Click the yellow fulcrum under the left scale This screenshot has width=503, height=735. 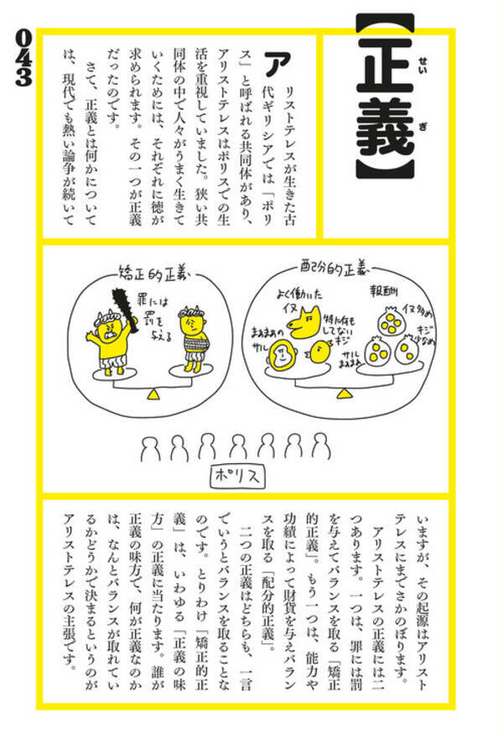pos(153,393)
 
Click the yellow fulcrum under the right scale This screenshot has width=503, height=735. pos(342,391)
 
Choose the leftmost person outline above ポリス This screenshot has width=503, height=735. pos(151,447)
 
